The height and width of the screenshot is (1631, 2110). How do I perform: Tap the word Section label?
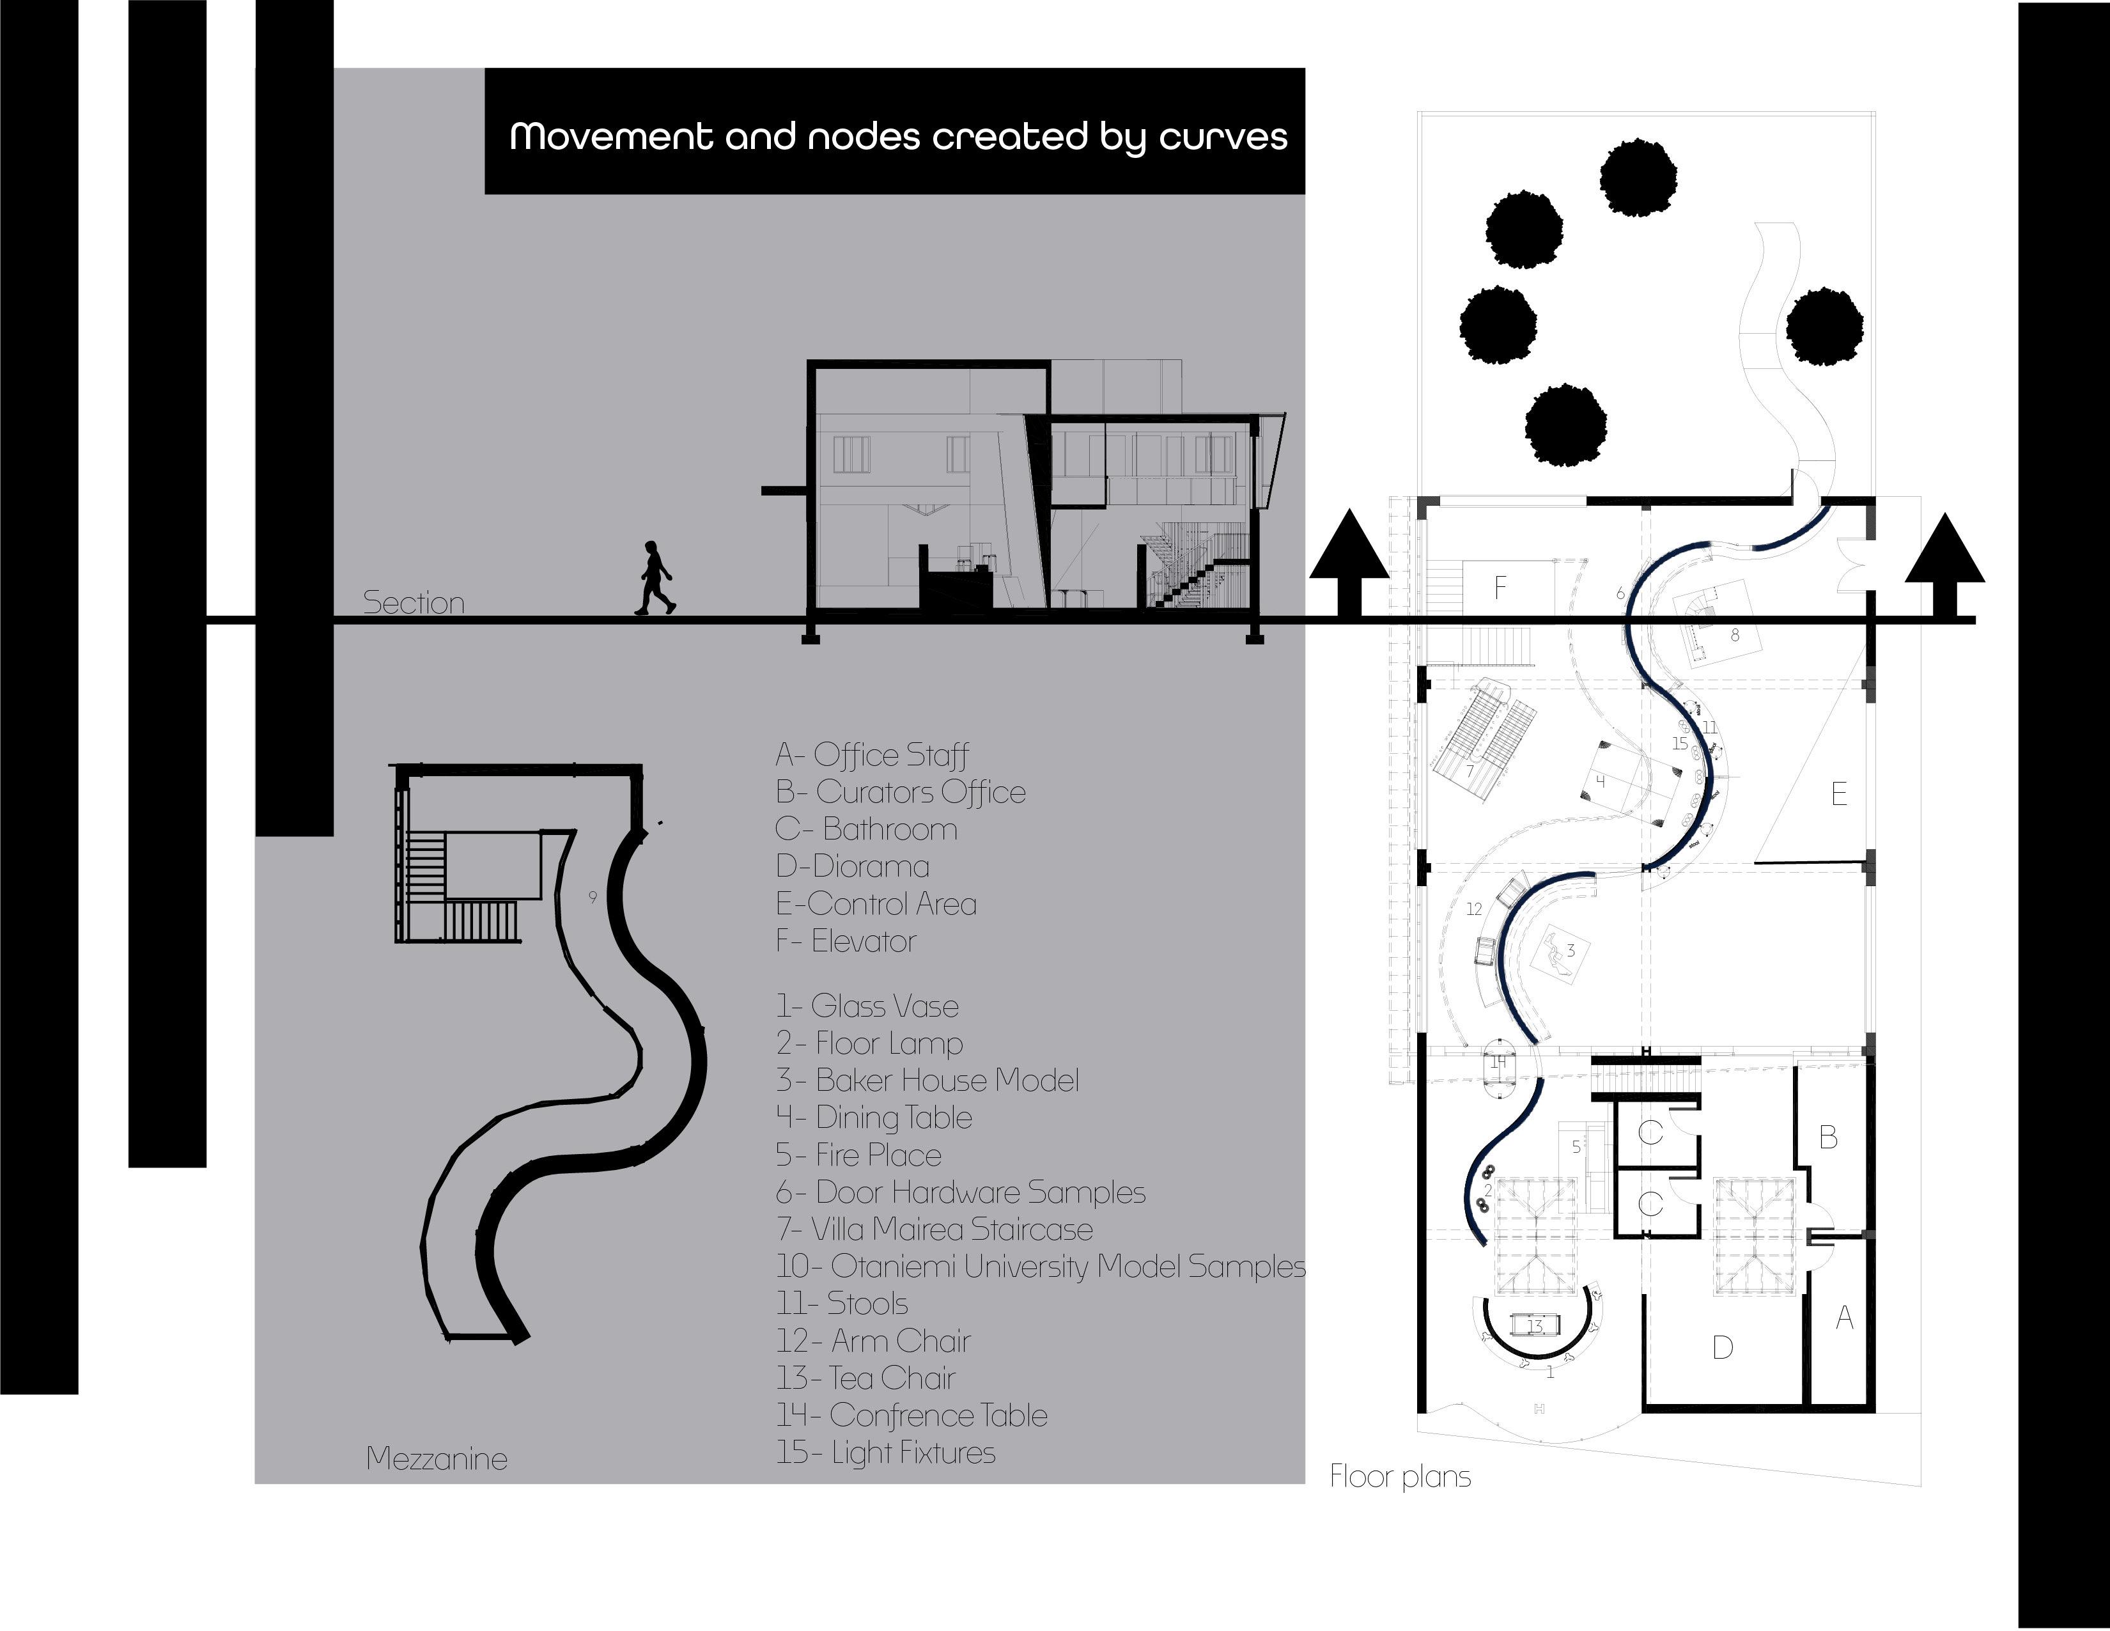click(414, 603)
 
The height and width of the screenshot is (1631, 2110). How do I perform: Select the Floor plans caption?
click(1400, 1476)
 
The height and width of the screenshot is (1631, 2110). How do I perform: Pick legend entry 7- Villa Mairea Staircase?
click(935, 1229)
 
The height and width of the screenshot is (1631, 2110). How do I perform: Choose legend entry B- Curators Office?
click(901, 792)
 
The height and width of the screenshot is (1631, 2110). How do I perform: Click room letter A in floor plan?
click(1844, 1318)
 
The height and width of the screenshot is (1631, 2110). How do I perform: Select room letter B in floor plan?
click(1828, 1138)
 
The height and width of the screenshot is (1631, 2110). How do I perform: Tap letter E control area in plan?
click(1838, 794)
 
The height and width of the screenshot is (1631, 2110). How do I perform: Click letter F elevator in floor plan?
click(1500, 586)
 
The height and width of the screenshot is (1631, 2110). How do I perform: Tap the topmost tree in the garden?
click(1638, 178)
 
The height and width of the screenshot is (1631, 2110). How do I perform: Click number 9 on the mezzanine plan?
click(593, 896)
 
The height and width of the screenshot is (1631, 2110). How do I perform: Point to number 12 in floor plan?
click(1473, 909)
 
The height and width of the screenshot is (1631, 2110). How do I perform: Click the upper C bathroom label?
click(1650, 1132)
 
